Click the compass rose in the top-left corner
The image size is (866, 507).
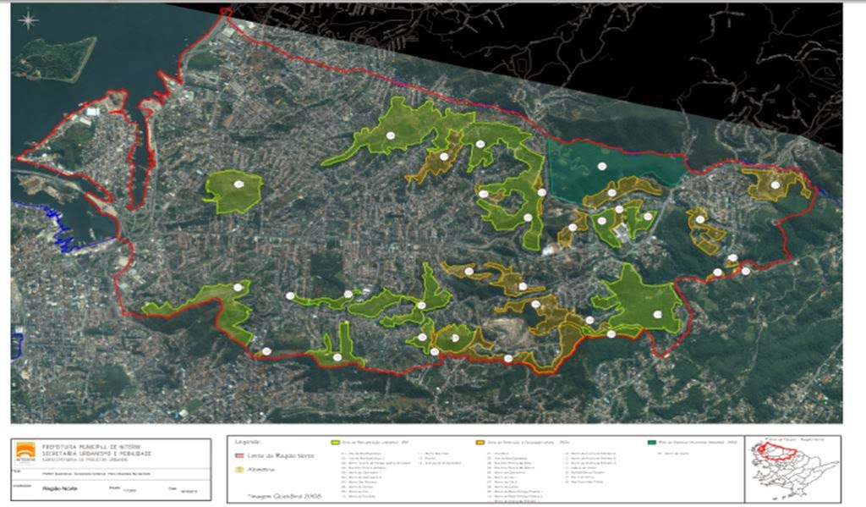tap(29, 19)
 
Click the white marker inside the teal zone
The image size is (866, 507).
tap(601, 166)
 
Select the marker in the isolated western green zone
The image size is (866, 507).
tap(239, 184)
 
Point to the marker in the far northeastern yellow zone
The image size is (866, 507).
tap(775, 185)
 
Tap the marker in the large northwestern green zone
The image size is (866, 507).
tap(390, 135)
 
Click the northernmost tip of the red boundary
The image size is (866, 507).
tap(226, 11)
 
